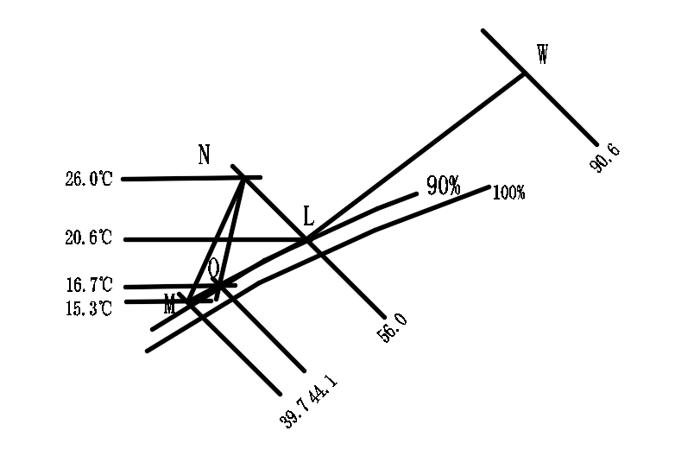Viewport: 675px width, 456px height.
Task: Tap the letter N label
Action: click(205, 155)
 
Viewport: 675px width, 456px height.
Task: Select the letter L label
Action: click(309, 216)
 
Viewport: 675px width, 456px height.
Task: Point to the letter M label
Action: click(170, 303)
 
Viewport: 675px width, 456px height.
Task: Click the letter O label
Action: click(213, 269)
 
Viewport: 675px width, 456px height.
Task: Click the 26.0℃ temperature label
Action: click(88, 180)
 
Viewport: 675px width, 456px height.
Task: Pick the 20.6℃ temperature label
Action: click(88, 238)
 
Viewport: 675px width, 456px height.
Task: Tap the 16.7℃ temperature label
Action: click(88, 285)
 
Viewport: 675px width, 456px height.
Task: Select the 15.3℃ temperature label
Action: click(88, 307)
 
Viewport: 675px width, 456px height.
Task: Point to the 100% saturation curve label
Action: click(508, 193)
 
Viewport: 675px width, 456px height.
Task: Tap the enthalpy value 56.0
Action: click(394, 328)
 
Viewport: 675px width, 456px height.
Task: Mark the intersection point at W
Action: click(524, 73)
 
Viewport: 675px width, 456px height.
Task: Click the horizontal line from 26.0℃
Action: click(181, 179)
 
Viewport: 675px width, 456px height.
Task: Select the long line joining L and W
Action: click(414, 156)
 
